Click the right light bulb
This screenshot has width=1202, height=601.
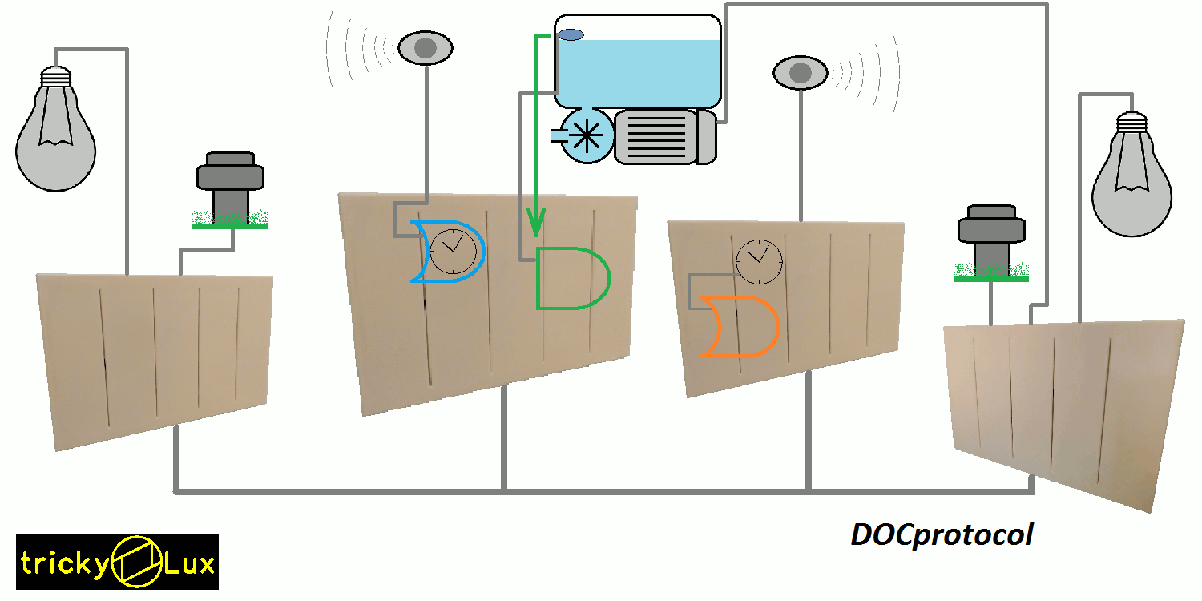coord(1131,180)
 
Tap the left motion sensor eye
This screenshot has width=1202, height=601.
coord(426,48)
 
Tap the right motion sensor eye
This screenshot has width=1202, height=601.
coord(801,74)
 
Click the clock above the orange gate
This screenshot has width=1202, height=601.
coord(759,261)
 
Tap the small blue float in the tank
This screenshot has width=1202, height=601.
coord(571,34)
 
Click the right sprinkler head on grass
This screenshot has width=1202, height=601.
coord(991,240)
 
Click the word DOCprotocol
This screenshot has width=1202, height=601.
coord(942,534)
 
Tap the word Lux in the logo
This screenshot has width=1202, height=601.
coord(190,564)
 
